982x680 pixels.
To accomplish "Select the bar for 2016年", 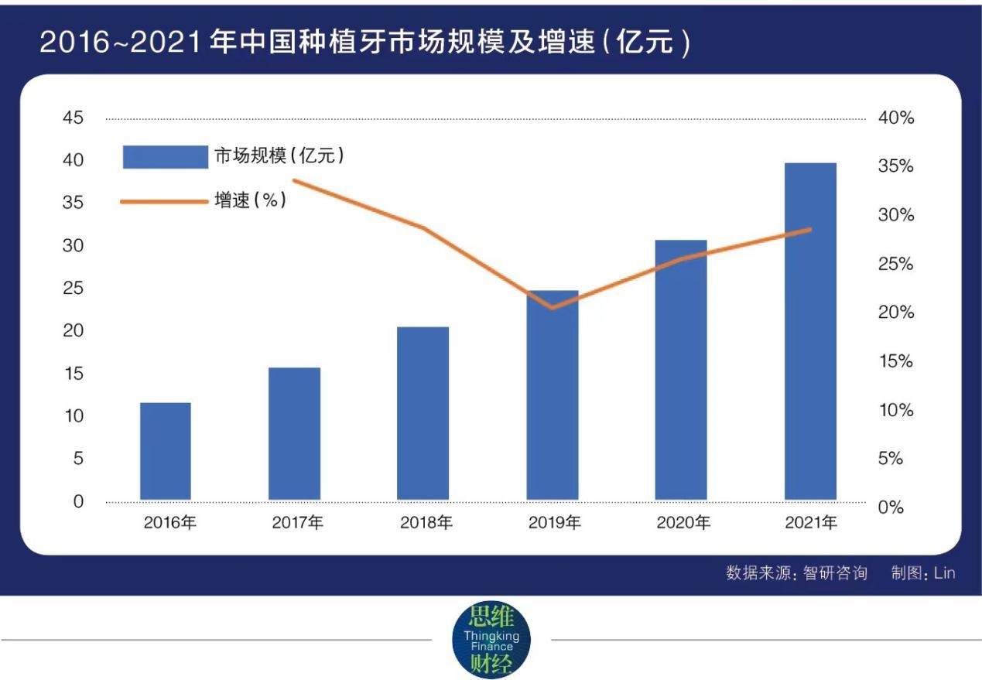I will coord(166,451).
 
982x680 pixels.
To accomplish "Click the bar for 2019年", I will coord(553,395).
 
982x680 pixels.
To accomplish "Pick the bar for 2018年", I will coord(423,413).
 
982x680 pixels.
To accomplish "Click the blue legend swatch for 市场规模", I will coord(165,156).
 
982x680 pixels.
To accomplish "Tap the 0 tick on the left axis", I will coord(78,501).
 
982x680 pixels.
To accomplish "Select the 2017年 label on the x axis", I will coord(298,523).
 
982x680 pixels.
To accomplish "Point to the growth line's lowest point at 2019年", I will coord(552,307).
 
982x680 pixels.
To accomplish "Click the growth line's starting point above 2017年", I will coord(295,181).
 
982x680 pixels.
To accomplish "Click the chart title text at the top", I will coord(364,43).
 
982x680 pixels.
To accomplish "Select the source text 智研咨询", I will coord(835,573).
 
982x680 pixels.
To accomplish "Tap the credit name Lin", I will coord(945,573).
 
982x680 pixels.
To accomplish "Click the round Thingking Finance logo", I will coord(491,640).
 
